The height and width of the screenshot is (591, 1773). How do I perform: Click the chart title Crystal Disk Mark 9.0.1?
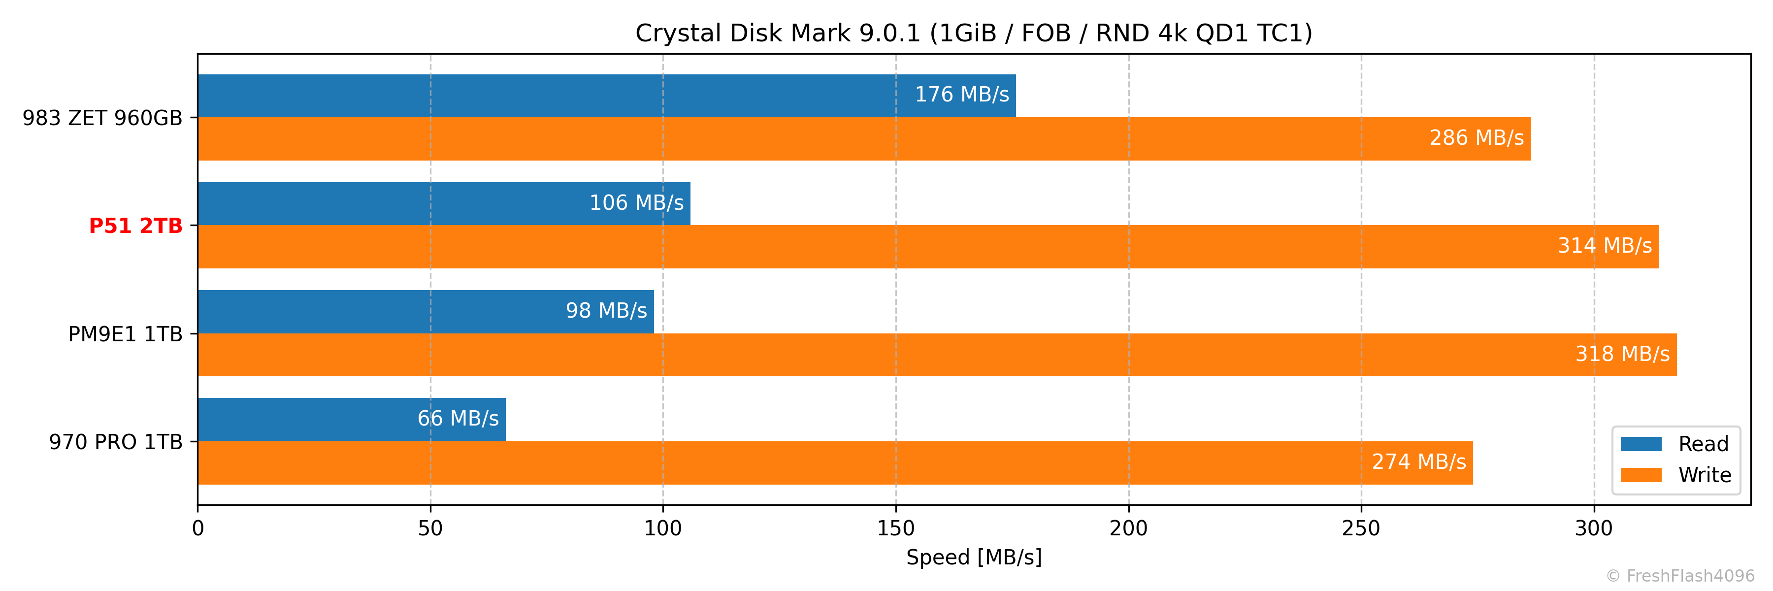click(973, 33)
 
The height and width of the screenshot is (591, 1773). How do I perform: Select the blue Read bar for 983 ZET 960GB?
click(551, 96)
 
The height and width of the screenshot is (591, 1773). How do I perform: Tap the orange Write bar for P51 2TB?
click(826, 246)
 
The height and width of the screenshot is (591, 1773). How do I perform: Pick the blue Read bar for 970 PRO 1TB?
click(310, 419)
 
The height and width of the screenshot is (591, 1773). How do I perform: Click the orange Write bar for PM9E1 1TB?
click(826, 354)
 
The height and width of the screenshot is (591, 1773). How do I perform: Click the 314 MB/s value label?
click(1605, 246)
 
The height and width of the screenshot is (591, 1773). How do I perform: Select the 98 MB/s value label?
click(606, 311)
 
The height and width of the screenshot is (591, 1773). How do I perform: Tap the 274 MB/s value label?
click(1418, 461)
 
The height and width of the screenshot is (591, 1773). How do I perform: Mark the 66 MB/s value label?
click(458, 418)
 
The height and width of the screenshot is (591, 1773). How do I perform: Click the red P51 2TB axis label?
click(135, 226)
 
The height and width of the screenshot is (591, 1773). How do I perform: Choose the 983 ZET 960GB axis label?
click(102, 118)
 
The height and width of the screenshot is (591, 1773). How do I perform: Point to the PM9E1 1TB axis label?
click(125, 334)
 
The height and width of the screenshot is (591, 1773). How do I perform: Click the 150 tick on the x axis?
click(895, 528)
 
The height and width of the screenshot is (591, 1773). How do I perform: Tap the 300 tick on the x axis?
click(1594, 528)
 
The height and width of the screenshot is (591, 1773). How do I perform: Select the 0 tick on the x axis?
click(198, 528)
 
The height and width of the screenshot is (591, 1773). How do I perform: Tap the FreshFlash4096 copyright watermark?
click(1680, 576)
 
